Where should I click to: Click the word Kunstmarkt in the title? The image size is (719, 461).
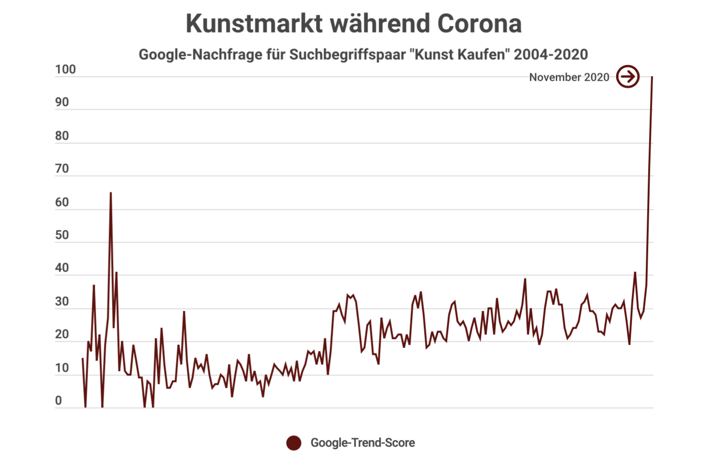254,23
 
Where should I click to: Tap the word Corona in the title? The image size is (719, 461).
479,23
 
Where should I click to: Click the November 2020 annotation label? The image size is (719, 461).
569,77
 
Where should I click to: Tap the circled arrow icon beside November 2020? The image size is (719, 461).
628,77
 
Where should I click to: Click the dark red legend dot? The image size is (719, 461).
294,443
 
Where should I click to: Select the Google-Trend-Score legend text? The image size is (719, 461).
362,443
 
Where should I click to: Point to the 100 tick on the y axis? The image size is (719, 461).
65,70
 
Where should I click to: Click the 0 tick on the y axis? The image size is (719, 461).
58,401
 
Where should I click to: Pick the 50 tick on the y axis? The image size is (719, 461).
62,235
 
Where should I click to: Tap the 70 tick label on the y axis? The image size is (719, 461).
62,169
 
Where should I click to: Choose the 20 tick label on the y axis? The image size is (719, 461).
62,335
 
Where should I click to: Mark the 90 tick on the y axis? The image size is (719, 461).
62,102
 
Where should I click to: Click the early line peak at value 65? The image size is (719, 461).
111,193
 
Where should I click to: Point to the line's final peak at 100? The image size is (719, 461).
652,77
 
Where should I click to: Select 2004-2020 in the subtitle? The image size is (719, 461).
550,55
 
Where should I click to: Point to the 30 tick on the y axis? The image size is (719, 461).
62,302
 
